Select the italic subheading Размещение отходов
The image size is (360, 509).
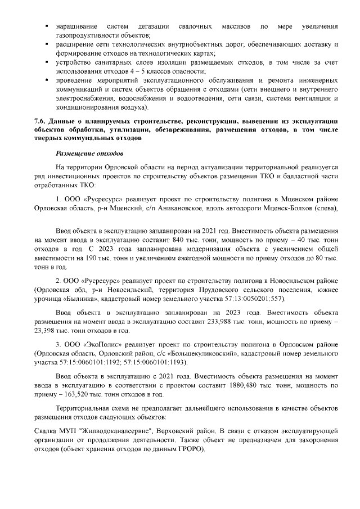[x=89, y=153]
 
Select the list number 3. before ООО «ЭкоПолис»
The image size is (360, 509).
[x=58, y=343]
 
